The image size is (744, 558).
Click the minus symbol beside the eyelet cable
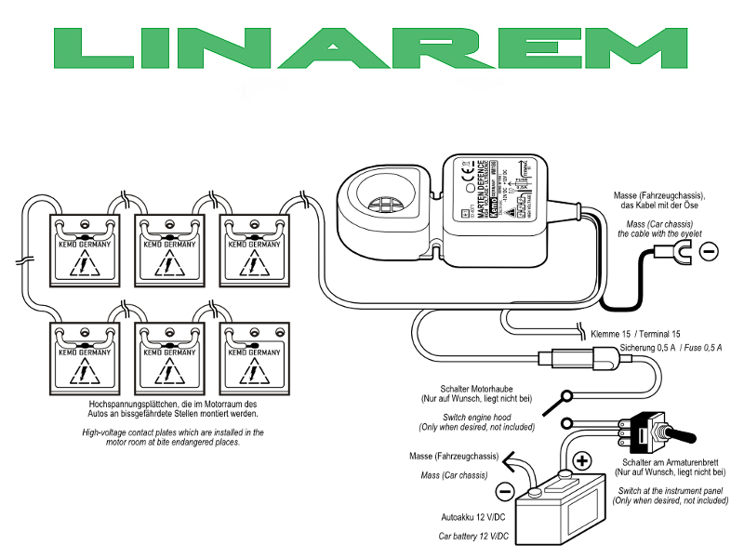[x=708, y=250]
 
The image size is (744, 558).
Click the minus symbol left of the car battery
[x=504, y=491]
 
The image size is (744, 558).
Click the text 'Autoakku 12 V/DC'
[x=473, y=517]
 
